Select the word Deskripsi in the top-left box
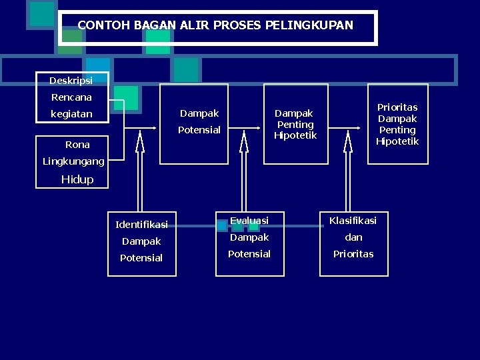click(71, 81)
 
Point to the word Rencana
click(71, 97)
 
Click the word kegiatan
click(71, 114)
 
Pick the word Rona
click(77, 145)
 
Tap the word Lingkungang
click(73, 161)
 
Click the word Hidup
click(77, 179)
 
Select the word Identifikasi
click(141, 225)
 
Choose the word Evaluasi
click(249, 221)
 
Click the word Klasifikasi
click(353, 221)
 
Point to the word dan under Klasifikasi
click(353, 237)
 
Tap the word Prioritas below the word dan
click(353, 254)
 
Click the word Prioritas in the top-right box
click(397, 107)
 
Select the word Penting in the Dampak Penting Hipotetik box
click(295, 125)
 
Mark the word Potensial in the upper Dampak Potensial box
click(199, 130)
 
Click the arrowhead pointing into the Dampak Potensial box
click(157, 126)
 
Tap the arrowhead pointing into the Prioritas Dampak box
click(363, 126)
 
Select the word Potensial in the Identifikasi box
click(141, 258)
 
